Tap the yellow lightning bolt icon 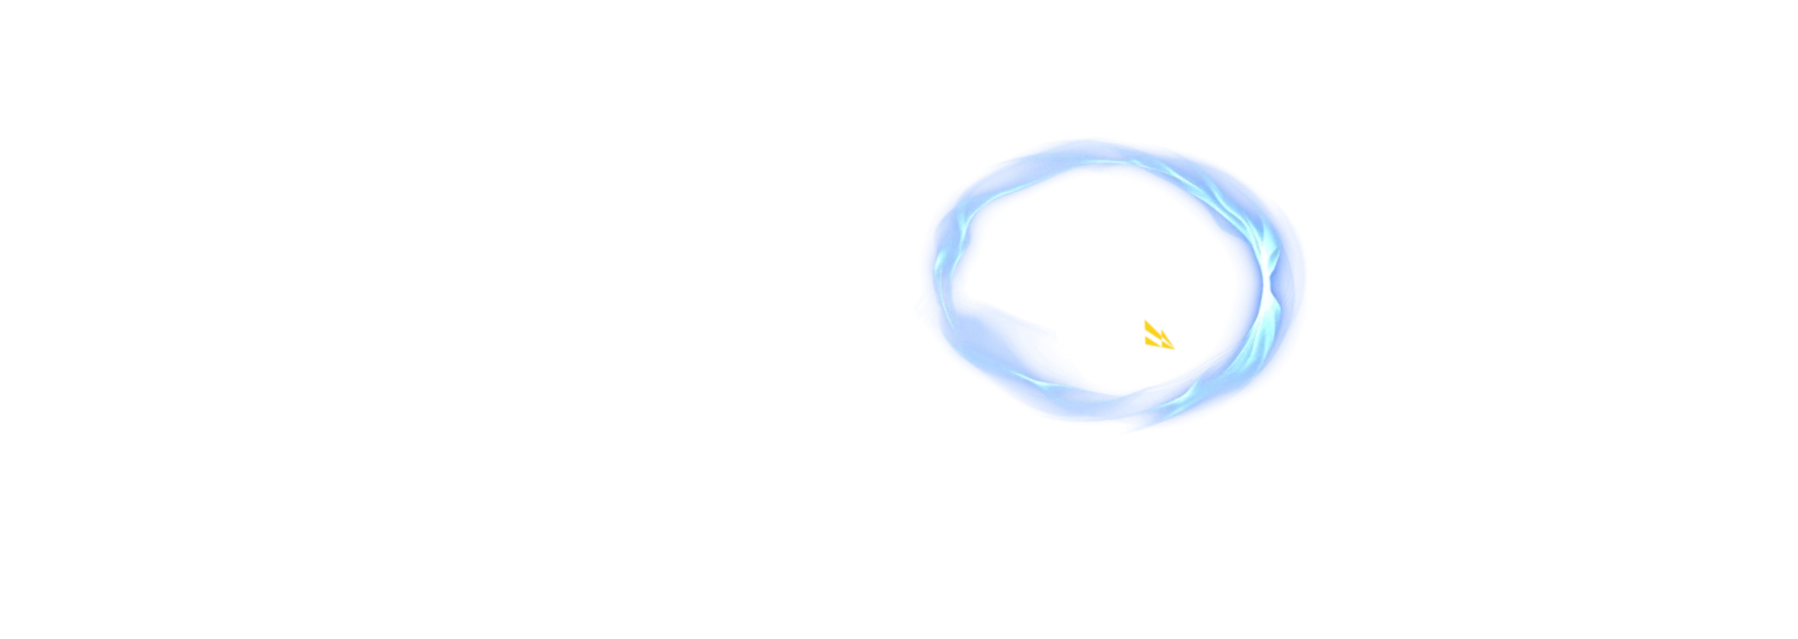coord(1159,334)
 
